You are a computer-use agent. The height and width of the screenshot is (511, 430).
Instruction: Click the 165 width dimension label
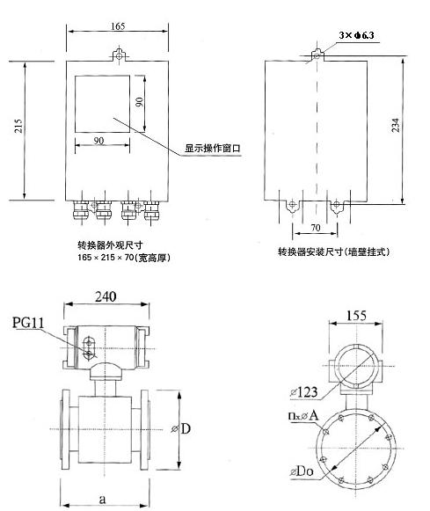coord(118,26)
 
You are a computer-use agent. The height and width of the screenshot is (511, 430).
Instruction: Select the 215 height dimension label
coord(18,126)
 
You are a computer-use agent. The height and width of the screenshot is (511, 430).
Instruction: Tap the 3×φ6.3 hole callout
coord(356,35)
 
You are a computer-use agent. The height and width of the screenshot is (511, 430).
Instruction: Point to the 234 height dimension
coord(395,125)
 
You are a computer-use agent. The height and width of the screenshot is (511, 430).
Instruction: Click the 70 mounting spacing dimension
coord(316,228)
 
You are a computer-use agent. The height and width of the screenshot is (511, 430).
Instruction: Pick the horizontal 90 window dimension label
coord(98,141)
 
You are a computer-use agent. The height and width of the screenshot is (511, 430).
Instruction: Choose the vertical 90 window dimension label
coord(139,102)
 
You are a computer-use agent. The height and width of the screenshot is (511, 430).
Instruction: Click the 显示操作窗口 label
coord(213,149)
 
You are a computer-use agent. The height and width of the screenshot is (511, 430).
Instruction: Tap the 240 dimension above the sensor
coord(106,296)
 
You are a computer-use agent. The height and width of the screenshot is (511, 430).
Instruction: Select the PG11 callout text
coord(28,322)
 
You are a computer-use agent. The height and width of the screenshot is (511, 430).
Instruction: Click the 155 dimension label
coord(356,315)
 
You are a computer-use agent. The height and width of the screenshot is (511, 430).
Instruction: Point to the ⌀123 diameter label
coord(303,392)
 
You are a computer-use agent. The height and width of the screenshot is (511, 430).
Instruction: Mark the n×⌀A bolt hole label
coord(303,415)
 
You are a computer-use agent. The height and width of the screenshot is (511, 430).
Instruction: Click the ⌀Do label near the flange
coord(302,471)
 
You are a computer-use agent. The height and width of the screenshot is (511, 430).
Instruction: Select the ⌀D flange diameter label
coord(181,428)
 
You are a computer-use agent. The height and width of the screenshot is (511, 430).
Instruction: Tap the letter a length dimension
coord(102,499)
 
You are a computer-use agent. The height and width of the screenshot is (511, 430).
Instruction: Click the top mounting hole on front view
coord(120,56)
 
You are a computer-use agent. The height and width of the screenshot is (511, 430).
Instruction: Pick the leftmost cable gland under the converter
coord(80,210)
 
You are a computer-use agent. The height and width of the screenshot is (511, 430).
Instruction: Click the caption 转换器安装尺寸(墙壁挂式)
coord(333,252)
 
